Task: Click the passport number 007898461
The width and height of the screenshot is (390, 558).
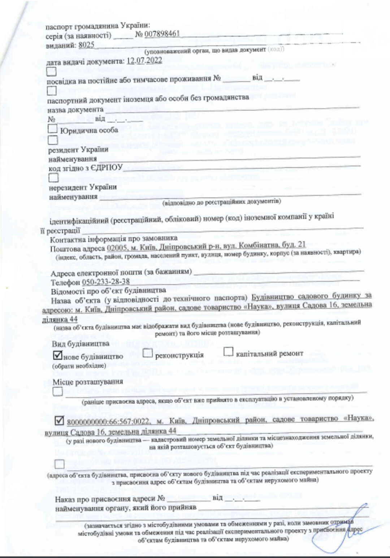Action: [162, 34]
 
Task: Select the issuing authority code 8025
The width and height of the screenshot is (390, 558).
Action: [86, 45]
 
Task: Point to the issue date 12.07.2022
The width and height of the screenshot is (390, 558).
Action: [144, 61]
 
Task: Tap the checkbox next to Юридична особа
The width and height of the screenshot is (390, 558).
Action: [53, 129]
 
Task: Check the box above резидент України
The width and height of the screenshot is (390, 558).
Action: [53, 139]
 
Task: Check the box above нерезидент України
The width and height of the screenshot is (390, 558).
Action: [53, 177]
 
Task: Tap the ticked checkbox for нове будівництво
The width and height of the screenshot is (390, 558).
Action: [58, 355]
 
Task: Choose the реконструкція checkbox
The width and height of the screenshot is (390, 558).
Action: [147, 353]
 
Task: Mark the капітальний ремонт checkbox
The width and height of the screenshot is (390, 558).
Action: [228, 351]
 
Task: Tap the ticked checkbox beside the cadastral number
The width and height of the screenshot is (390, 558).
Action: [59, 421]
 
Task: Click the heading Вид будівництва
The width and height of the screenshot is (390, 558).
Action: [80, 343]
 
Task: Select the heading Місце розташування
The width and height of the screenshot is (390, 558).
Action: [88, 382]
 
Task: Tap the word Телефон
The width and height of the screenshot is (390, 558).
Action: [65, 282]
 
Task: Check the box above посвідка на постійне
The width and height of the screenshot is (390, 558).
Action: [52, 71]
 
